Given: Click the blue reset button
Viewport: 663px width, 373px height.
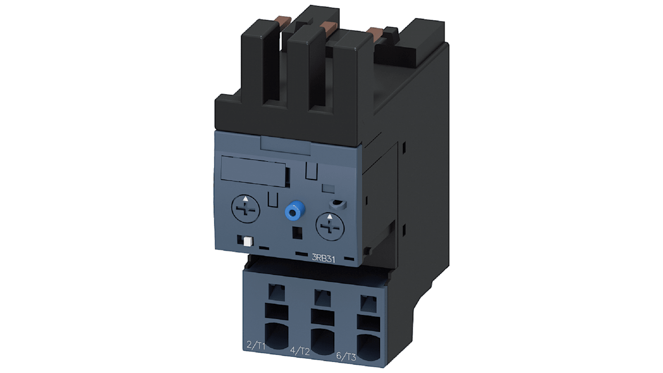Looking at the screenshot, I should click(x=293, y=212).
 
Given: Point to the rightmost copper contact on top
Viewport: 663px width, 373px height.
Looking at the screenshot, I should click(x=375, y=32).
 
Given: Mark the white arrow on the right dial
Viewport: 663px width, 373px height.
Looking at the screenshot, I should click(x=330, y=216).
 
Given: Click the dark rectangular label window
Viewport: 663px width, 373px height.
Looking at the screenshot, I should click(x=253, y=169).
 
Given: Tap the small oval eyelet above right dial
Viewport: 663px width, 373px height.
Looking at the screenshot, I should click(x=337, y=204).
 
